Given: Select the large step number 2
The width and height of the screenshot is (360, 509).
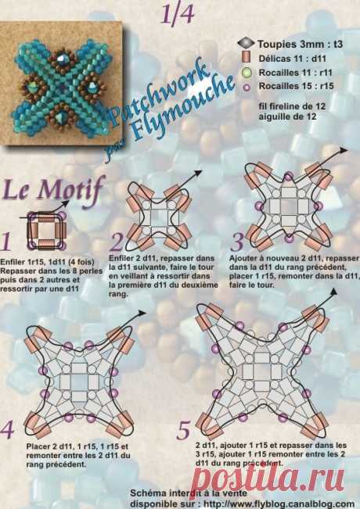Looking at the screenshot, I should [118, 242].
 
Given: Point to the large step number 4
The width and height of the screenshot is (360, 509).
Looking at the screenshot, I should [9, 430].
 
